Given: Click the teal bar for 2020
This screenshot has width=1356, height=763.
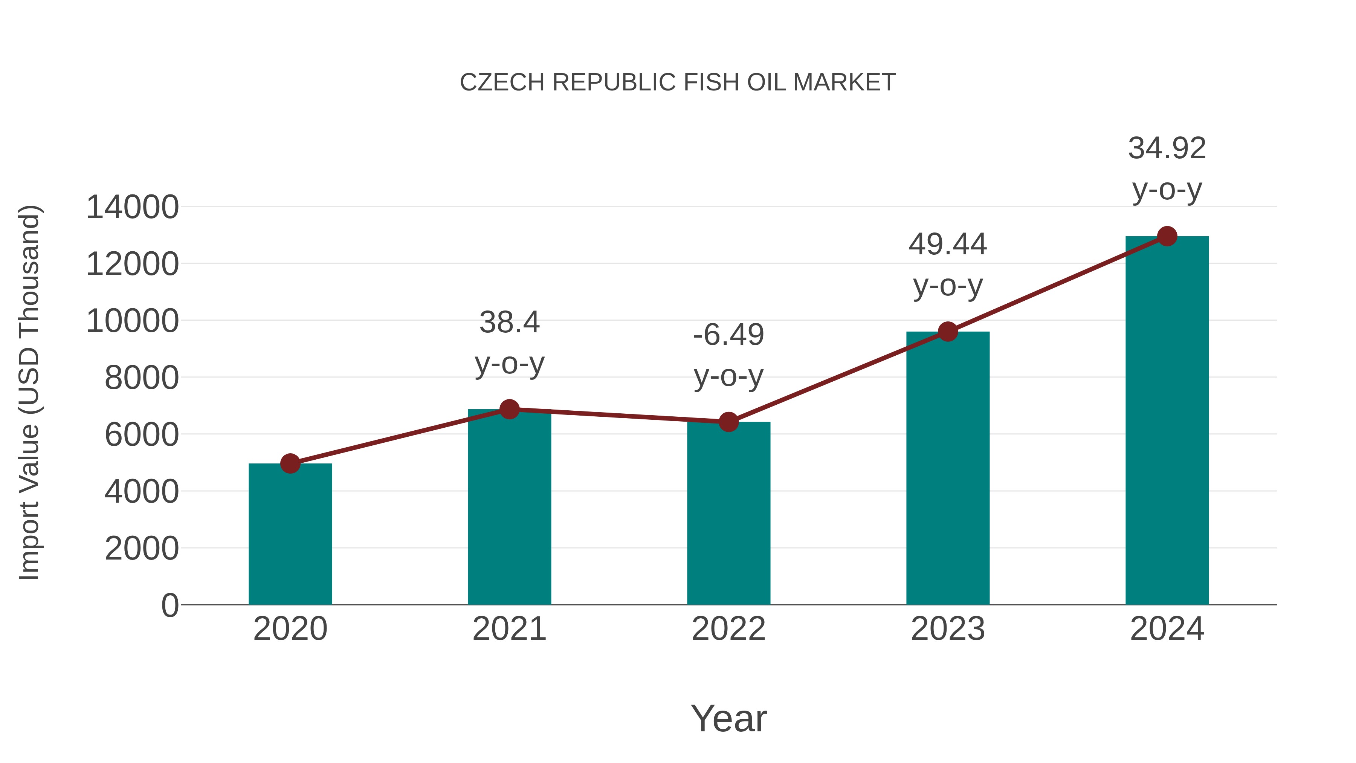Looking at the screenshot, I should [x=290, y=534].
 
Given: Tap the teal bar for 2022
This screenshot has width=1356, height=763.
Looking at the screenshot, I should [x=728, y=514].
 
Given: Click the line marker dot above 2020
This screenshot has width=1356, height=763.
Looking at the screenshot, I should [x=290, y=463].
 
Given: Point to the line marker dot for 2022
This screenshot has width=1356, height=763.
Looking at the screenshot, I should [x=728, y=422].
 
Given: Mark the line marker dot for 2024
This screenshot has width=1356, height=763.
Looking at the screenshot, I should [x=1167, y=236].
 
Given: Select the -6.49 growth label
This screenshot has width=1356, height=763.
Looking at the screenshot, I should [x=728, y=335].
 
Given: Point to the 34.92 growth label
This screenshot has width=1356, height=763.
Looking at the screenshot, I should [x=1167, y=148].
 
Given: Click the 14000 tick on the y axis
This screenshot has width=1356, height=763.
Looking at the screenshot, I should [x=132, y=207].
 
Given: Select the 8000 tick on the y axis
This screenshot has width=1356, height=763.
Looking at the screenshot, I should [x=142, y=378].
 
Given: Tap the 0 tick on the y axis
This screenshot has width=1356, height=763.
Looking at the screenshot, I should [x=170, y=605].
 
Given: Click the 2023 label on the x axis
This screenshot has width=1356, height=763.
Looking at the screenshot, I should [x=948, y=629].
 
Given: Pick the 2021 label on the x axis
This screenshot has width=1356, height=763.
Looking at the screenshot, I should [x=509, y=629].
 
